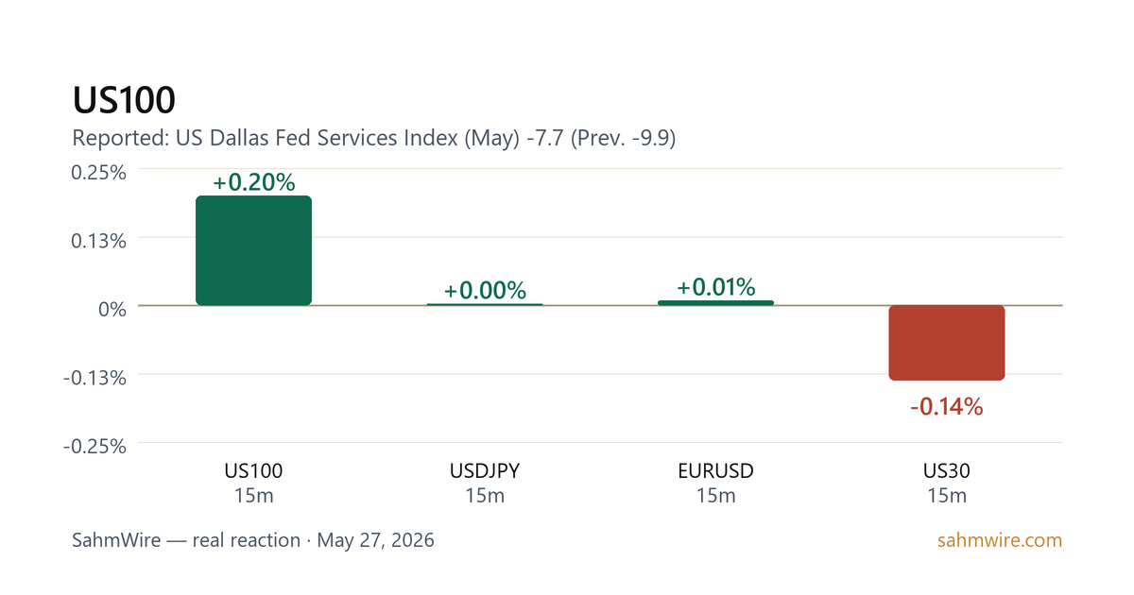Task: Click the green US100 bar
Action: point(253,250)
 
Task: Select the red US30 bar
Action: point(947,343)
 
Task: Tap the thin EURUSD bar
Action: point(716,302)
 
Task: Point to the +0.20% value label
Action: point(253,182)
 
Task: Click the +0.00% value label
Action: point(485,291)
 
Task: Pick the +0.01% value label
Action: point(716,287)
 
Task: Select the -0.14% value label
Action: point(947,406)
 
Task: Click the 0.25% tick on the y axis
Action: point(98,173)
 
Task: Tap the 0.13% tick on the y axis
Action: point(98,241)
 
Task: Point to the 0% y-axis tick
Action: point(112,309)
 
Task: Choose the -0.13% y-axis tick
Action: point(94,378)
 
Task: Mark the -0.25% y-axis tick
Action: point(94,446)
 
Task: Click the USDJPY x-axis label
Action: point(485,471)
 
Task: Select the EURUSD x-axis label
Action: point(716,471)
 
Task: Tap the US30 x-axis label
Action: point(947,471)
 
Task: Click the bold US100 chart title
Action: point(124,100)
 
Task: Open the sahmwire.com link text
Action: point(1000,540)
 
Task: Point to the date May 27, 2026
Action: point(376,540)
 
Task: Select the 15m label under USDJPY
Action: point(485,496)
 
